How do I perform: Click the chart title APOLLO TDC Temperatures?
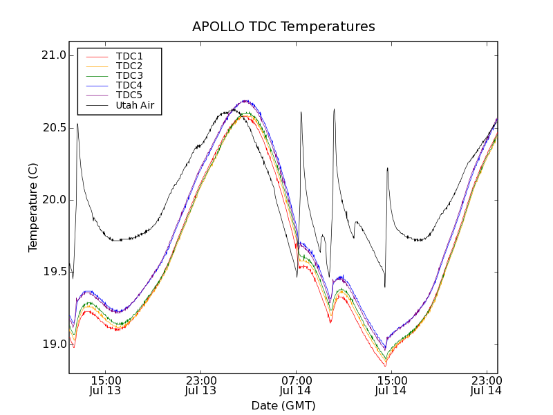point(283,27)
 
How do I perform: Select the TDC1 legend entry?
point(129,56)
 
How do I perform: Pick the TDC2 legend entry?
point(129,66)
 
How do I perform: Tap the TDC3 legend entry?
point(129,75)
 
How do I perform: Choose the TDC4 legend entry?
point(129,85)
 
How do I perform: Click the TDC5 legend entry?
point(129,95)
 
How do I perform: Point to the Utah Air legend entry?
point(135,105)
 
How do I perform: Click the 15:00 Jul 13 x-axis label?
point(106,386)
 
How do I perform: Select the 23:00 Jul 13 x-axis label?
point(200,386)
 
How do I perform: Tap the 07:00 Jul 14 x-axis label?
point(296,386)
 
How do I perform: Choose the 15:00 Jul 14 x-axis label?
point(391,386)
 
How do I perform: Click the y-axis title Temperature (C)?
point(33,207)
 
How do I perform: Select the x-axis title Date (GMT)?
point(283,405)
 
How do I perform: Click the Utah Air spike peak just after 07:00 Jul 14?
point(301,112)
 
